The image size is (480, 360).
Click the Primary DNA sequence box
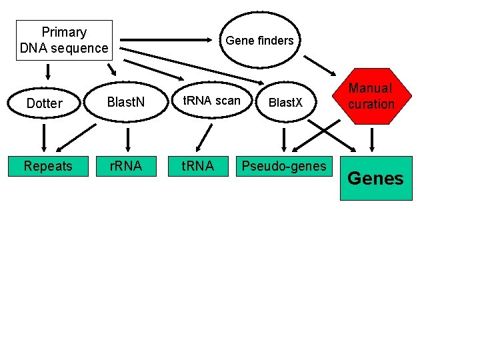pos(64,40)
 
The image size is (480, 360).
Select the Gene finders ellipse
pos(260,40)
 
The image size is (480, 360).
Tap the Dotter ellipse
pos(44,103)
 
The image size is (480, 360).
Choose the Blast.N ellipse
pos(126,103)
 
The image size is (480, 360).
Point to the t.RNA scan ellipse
pos(212,101)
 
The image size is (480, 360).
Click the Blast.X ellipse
pos(285,103)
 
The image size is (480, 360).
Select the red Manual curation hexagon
pos(371,96)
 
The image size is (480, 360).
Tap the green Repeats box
pos(48,166)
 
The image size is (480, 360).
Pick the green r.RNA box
pos(126,166)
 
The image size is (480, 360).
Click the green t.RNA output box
pos(199,166)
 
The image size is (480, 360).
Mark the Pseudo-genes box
pos(285,166)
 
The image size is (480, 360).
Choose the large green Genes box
pos(376,178)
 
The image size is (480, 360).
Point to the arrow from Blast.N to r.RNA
pos(127,139)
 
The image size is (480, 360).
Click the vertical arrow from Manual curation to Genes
pos(372,139)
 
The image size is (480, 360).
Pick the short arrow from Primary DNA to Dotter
pos(48,71)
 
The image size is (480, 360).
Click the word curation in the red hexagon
pos(371,104)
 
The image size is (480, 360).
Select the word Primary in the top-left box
pos(64,32)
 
